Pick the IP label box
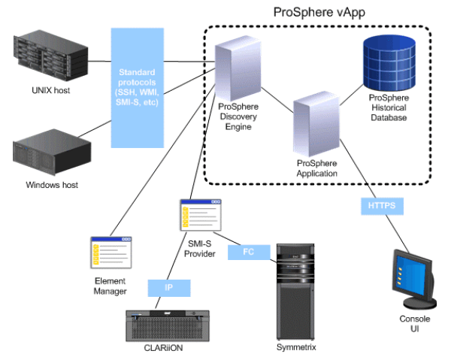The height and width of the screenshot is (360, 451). pos(168,286)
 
